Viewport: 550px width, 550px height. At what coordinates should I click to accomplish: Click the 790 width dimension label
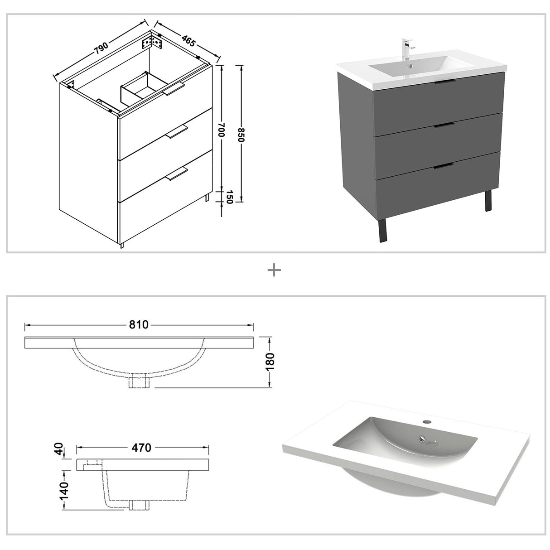(101, 48)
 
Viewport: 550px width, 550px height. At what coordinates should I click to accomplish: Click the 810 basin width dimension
(139, 325)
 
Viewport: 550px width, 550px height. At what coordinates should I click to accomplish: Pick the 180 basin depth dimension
(270, 361)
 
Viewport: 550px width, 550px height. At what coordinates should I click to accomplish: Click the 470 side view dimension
(141, 448)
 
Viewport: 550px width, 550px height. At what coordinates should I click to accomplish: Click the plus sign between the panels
(275, 270)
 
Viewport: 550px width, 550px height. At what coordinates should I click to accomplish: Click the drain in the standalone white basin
(423, 439)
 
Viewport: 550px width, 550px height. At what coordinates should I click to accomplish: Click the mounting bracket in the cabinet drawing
(152, 42)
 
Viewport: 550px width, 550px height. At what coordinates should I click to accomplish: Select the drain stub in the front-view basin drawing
(140, 382)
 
